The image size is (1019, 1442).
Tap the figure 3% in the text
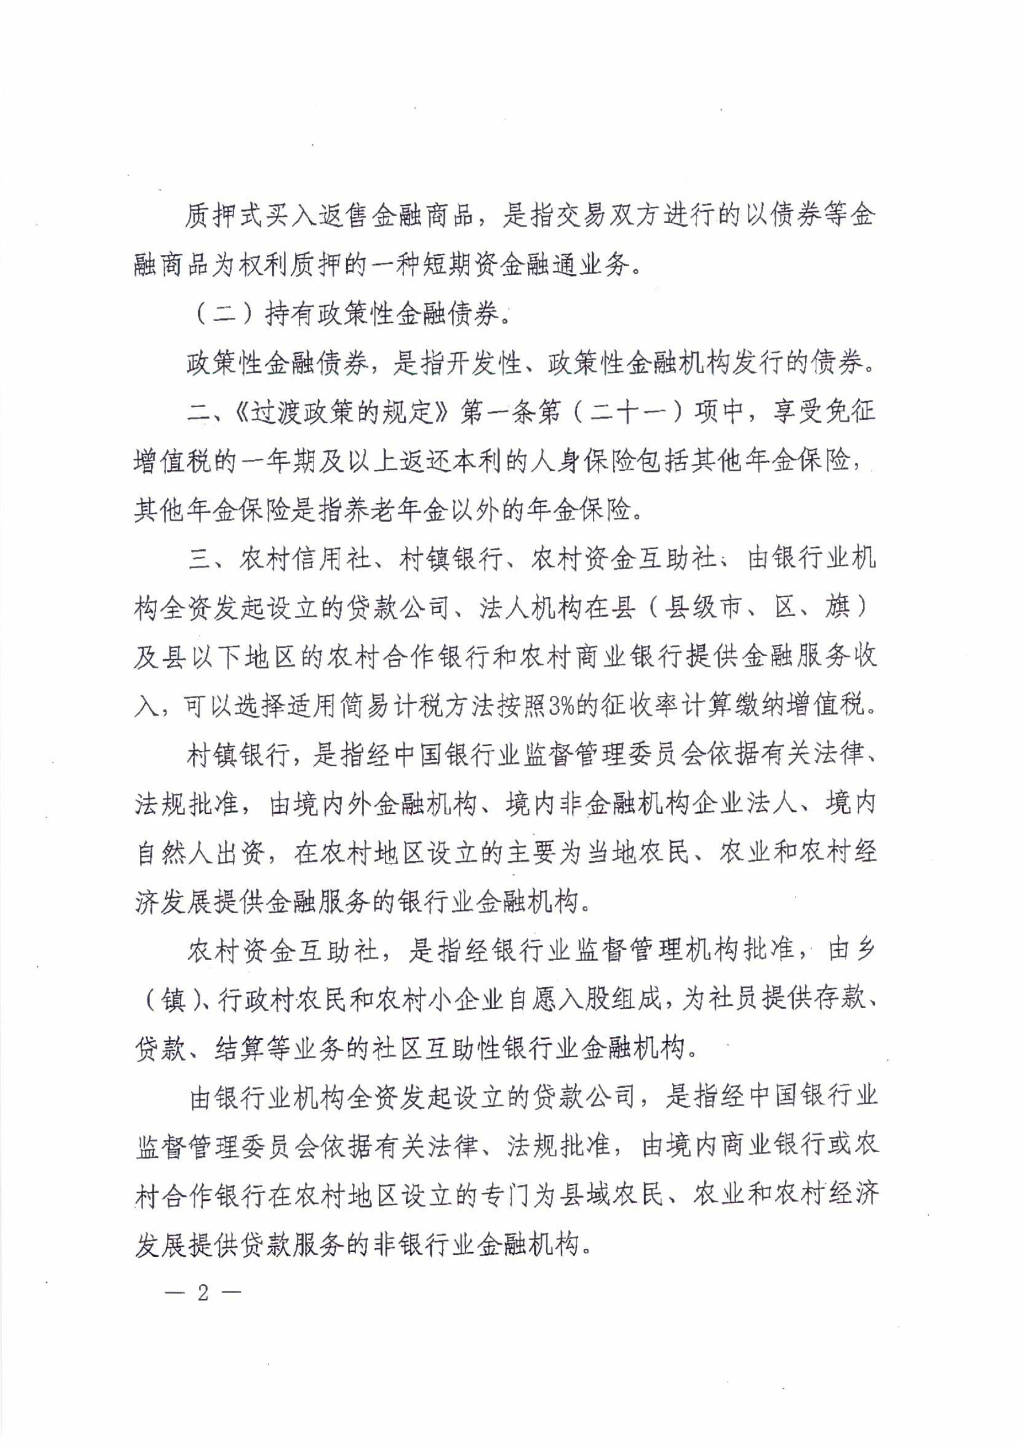[560, 706]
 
